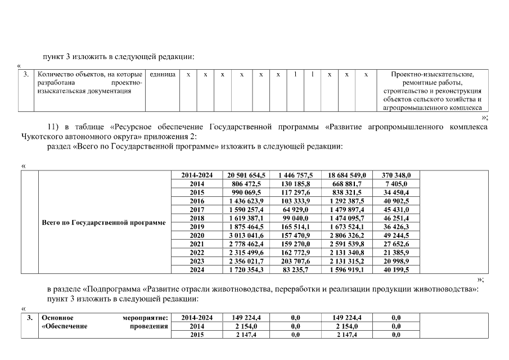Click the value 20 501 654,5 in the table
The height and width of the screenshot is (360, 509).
(246, 175)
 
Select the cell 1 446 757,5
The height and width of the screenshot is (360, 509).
(296, 175)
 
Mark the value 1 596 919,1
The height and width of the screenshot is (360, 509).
(347, 270)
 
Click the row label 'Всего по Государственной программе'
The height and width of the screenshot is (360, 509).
(104, 223)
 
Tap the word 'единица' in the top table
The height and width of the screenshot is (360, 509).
(163, 74)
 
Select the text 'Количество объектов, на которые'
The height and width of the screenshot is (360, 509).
(89, 74)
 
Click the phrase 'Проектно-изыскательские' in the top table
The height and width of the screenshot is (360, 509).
(433, 74)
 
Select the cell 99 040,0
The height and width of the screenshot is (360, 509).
(296, 218)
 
